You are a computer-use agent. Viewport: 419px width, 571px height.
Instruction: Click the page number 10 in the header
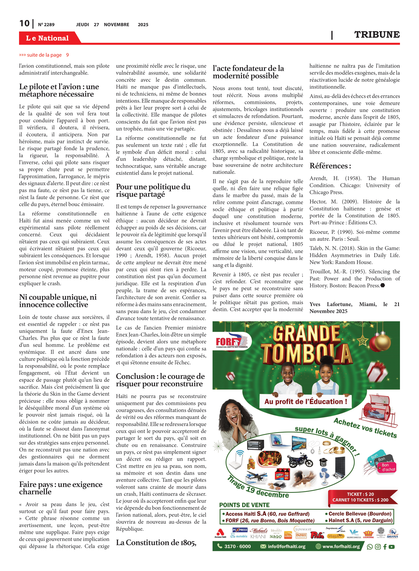coord(25,23)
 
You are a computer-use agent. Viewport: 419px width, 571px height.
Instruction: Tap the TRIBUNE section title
coord(377,34)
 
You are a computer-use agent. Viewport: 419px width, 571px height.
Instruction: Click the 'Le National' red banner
coord(47,38)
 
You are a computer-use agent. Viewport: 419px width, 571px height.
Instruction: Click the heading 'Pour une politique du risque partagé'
coord(153,190)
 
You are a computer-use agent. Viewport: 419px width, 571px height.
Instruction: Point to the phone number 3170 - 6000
coord(237,546)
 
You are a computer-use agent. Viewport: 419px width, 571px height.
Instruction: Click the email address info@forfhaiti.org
coord(286,546)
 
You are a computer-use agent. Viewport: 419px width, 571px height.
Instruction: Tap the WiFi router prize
coord(236,460)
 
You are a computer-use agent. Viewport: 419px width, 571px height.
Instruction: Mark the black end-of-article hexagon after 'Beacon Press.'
coord(383,285)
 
